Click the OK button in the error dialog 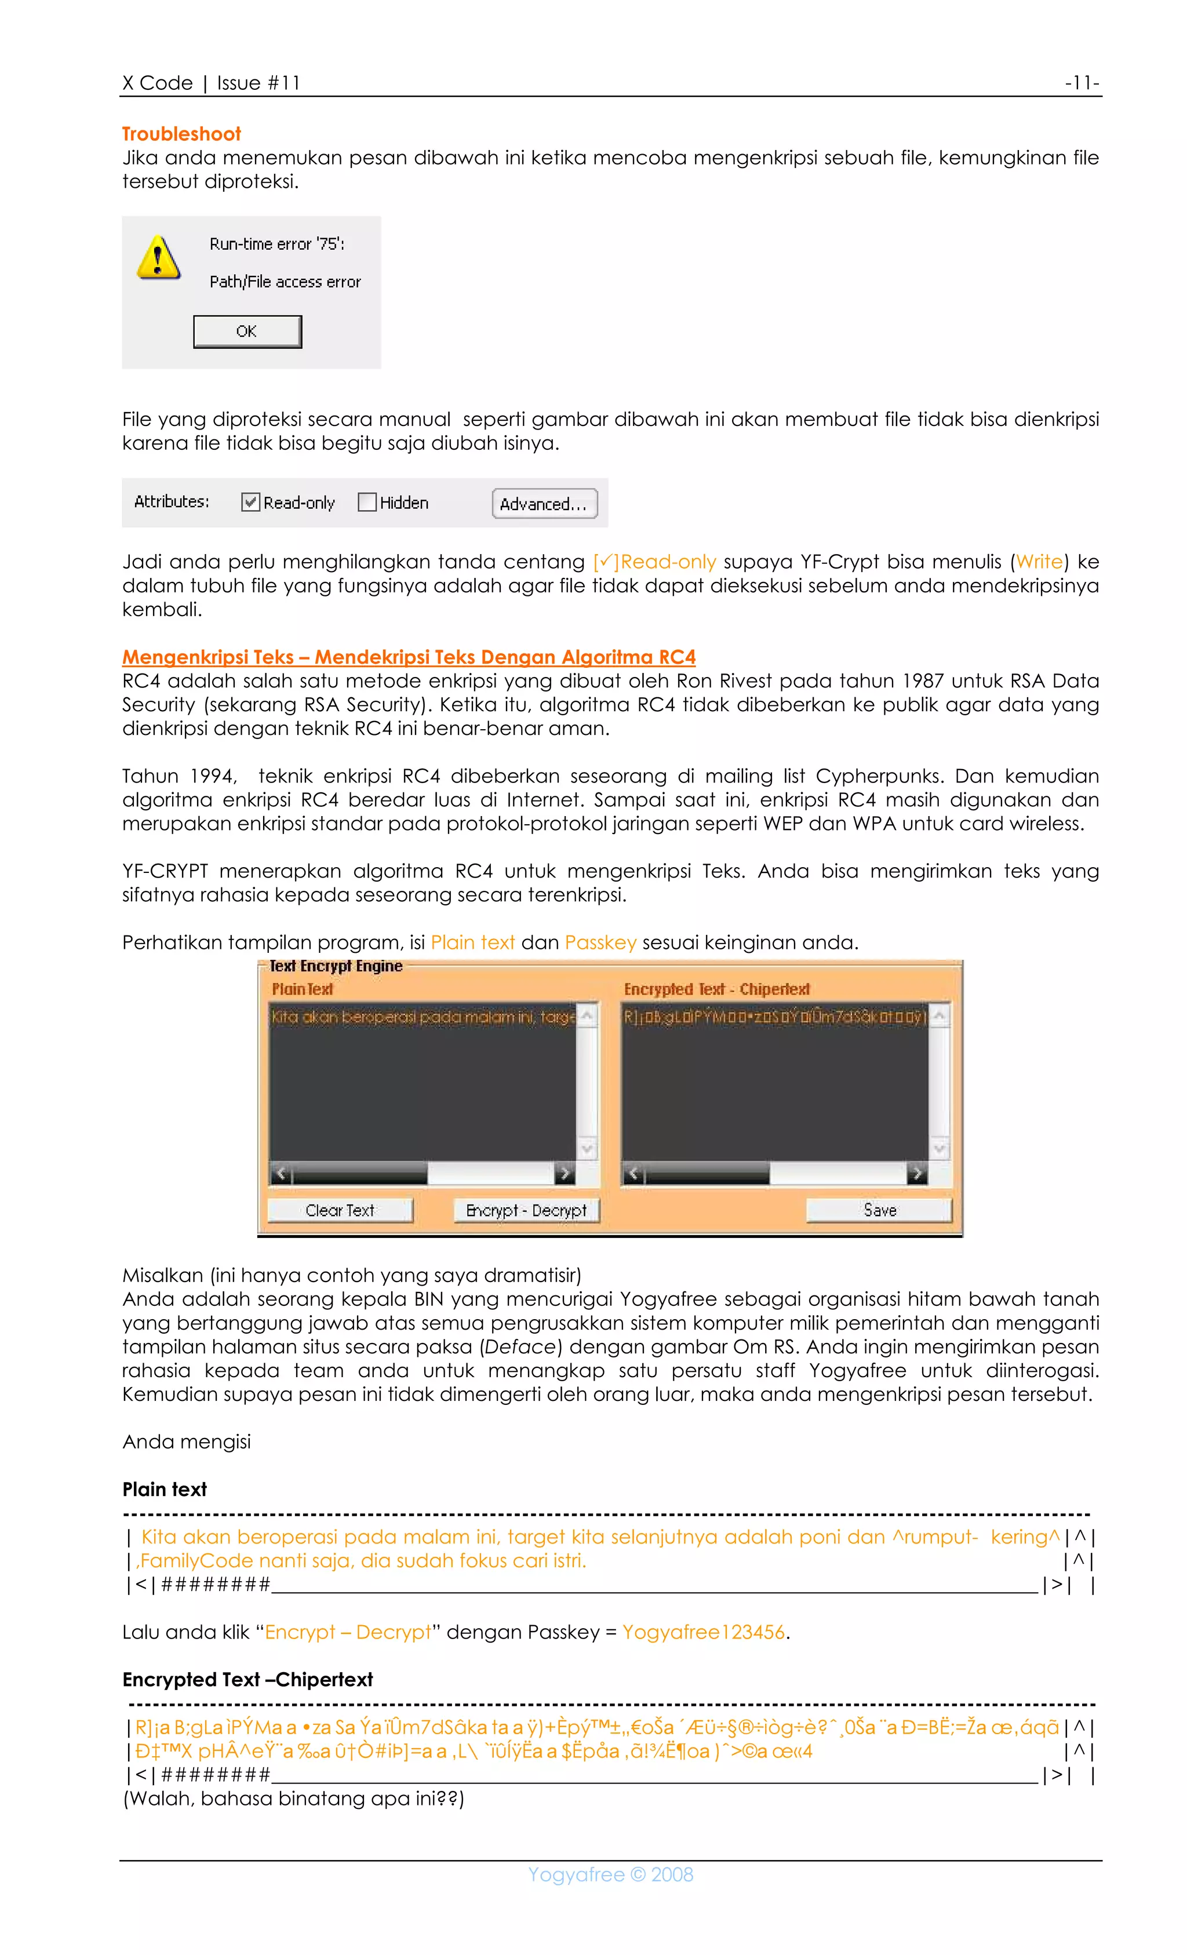tap(247, 332)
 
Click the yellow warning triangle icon tap(159, 258)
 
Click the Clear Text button tap(340, 1210)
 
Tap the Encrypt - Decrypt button tap(526, 1210)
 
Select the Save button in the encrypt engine tap(879, 1210)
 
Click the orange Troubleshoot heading tap(181, 134)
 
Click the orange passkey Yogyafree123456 tap(703, 1632)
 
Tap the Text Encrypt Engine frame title tap(336, 966)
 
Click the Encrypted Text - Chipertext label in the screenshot tap(716, 989)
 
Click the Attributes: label tap(172, 501)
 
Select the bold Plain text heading tap(164, 1489)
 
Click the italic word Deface tap(520, 1346)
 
